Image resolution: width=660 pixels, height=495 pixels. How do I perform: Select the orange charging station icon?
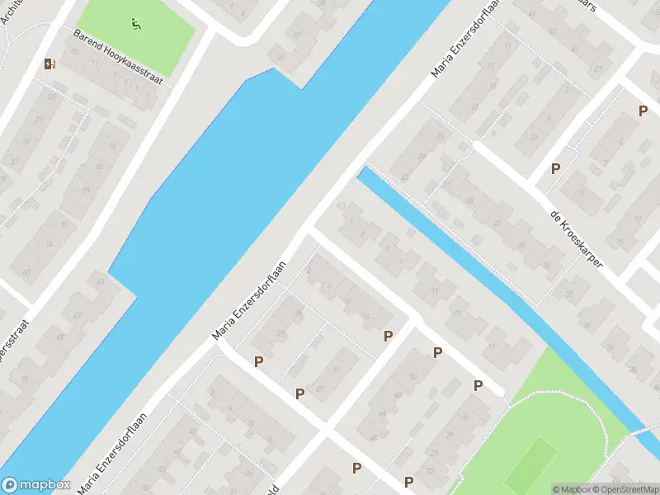click(x=51, y=64)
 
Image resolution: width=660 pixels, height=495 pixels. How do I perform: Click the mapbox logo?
click(x=35, y=484)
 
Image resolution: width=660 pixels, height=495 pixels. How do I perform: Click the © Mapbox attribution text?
click(x=572, y=489)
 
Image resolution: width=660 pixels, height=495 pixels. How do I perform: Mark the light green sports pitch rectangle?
click(x=530, y=464)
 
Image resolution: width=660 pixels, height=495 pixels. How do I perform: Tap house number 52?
click(x=413, y=378)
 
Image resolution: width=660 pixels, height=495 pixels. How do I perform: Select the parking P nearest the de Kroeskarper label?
click(x=556, y=168)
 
